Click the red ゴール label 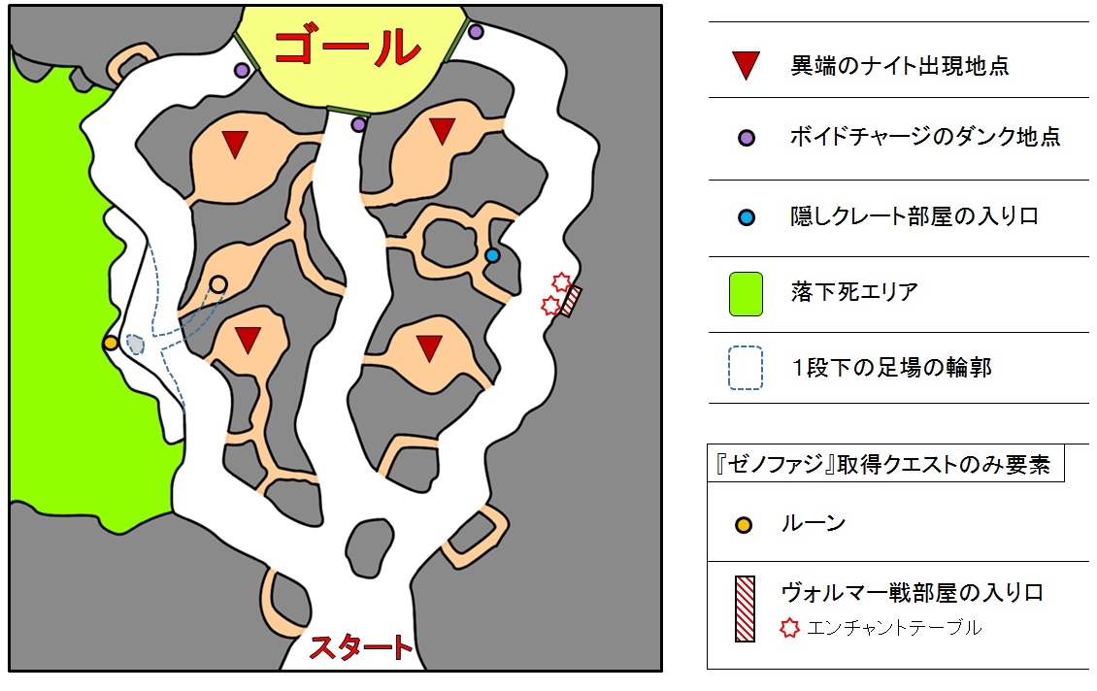(x=348, y=46)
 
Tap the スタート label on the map (x=360, y=647)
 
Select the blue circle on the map (x=492, y=255)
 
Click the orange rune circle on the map (x=111, y=343)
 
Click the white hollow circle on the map (x=218, y=283)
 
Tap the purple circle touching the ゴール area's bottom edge (x=358, y=124)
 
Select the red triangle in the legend (x=745, y=66)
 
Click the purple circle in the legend (x=745, y=137)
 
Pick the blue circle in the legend (x=745, y=216)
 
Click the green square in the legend (x=745, y=293)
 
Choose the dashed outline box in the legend (x=745, y=369)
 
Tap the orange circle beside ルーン (x=744, y=525)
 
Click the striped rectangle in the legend (x=745, y=608)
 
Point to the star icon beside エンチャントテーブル (x=790, y=628)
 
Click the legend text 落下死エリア (x=854, y=292)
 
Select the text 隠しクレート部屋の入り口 (x=914, y=216)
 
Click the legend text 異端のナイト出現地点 (x=900, y=66)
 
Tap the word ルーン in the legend (x=813, y=524)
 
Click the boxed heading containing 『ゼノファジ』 (x=884, y=464)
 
